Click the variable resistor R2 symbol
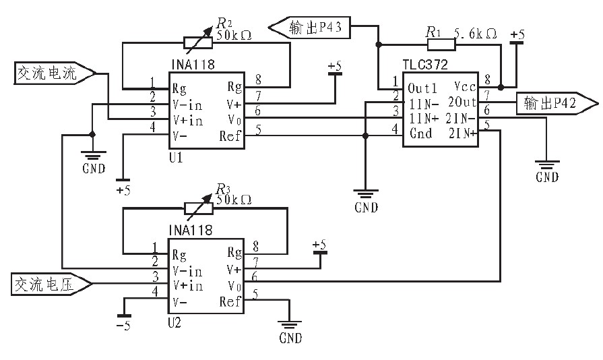click(198, 42)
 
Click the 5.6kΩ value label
click(476, 33)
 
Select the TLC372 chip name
click(425, 65)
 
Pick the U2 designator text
click(174, 324)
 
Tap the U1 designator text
click(175, 156)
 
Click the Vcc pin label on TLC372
click(464, 88)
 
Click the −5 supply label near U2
click(123, 328)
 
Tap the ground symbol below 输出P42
click(546, 166)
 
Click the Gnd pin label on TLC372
click(420, 133)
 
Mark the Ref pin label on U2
click(230, 302)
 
